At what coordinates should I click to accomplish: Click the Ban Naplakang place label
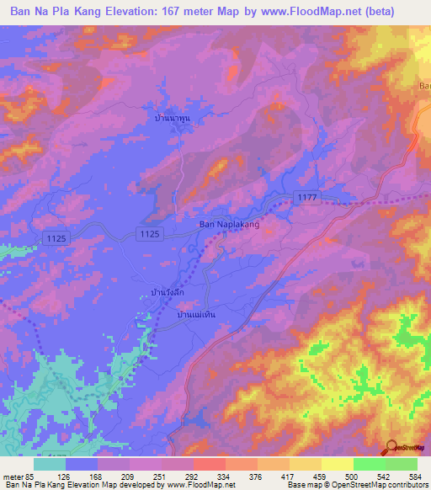(228, 225)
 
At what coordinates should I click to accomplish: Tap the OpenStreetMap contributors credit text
(388, 484)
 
